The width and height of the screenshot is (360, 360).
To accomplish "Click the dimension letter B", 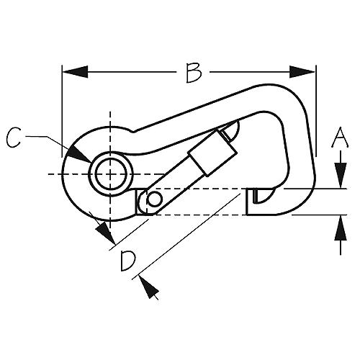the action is [x=194, y=73].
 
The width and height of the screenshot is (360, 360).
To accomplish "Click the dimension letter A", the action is [x=340, y=137].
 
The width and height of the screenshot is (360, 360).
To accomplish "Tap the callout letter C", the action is [x=14, y=138].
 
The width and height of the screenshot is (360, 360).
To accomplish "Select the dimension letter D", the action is [x=128, y=261].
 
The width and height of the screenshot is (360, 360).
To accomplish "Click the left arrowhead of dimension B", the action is [x=75, y=71].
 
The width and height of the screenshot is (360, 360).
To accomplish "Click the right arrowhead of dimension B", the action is [x=302, y=71].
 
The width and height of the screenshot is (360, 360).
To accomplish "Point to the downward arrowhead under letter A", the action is [x=341, y=175].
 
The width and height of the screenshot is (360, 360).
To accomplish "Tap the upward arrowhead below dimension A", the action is [x=341, y=228].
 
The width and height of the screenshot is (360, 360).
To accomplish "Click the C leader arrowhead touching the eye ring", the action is [x=79, y=154].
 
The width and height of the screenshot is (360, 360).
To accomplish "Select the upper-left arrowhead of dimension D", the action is [x=104, y=232].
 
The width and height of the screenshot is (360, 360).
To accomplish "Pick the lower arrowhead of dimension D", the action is [x=149, y=287].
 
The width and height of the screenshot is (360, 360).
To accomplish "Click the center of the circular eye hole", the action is [x=111, y=174].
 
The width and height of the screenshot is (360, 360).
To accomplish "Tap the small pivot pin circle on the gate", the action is [x=155, y=199].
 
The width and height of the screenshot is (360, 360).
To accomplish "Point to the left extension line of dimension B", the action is [x=62, y=111].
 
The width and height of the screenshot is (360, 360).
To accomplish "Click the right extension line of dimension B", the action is [x=316, y=111].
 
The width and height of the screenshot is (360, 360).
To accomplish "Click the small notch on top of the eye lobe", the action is [x=133, y=132].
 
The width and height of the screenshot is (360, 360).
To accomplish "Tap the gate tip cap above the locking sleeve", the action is [x=230, y=131].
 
